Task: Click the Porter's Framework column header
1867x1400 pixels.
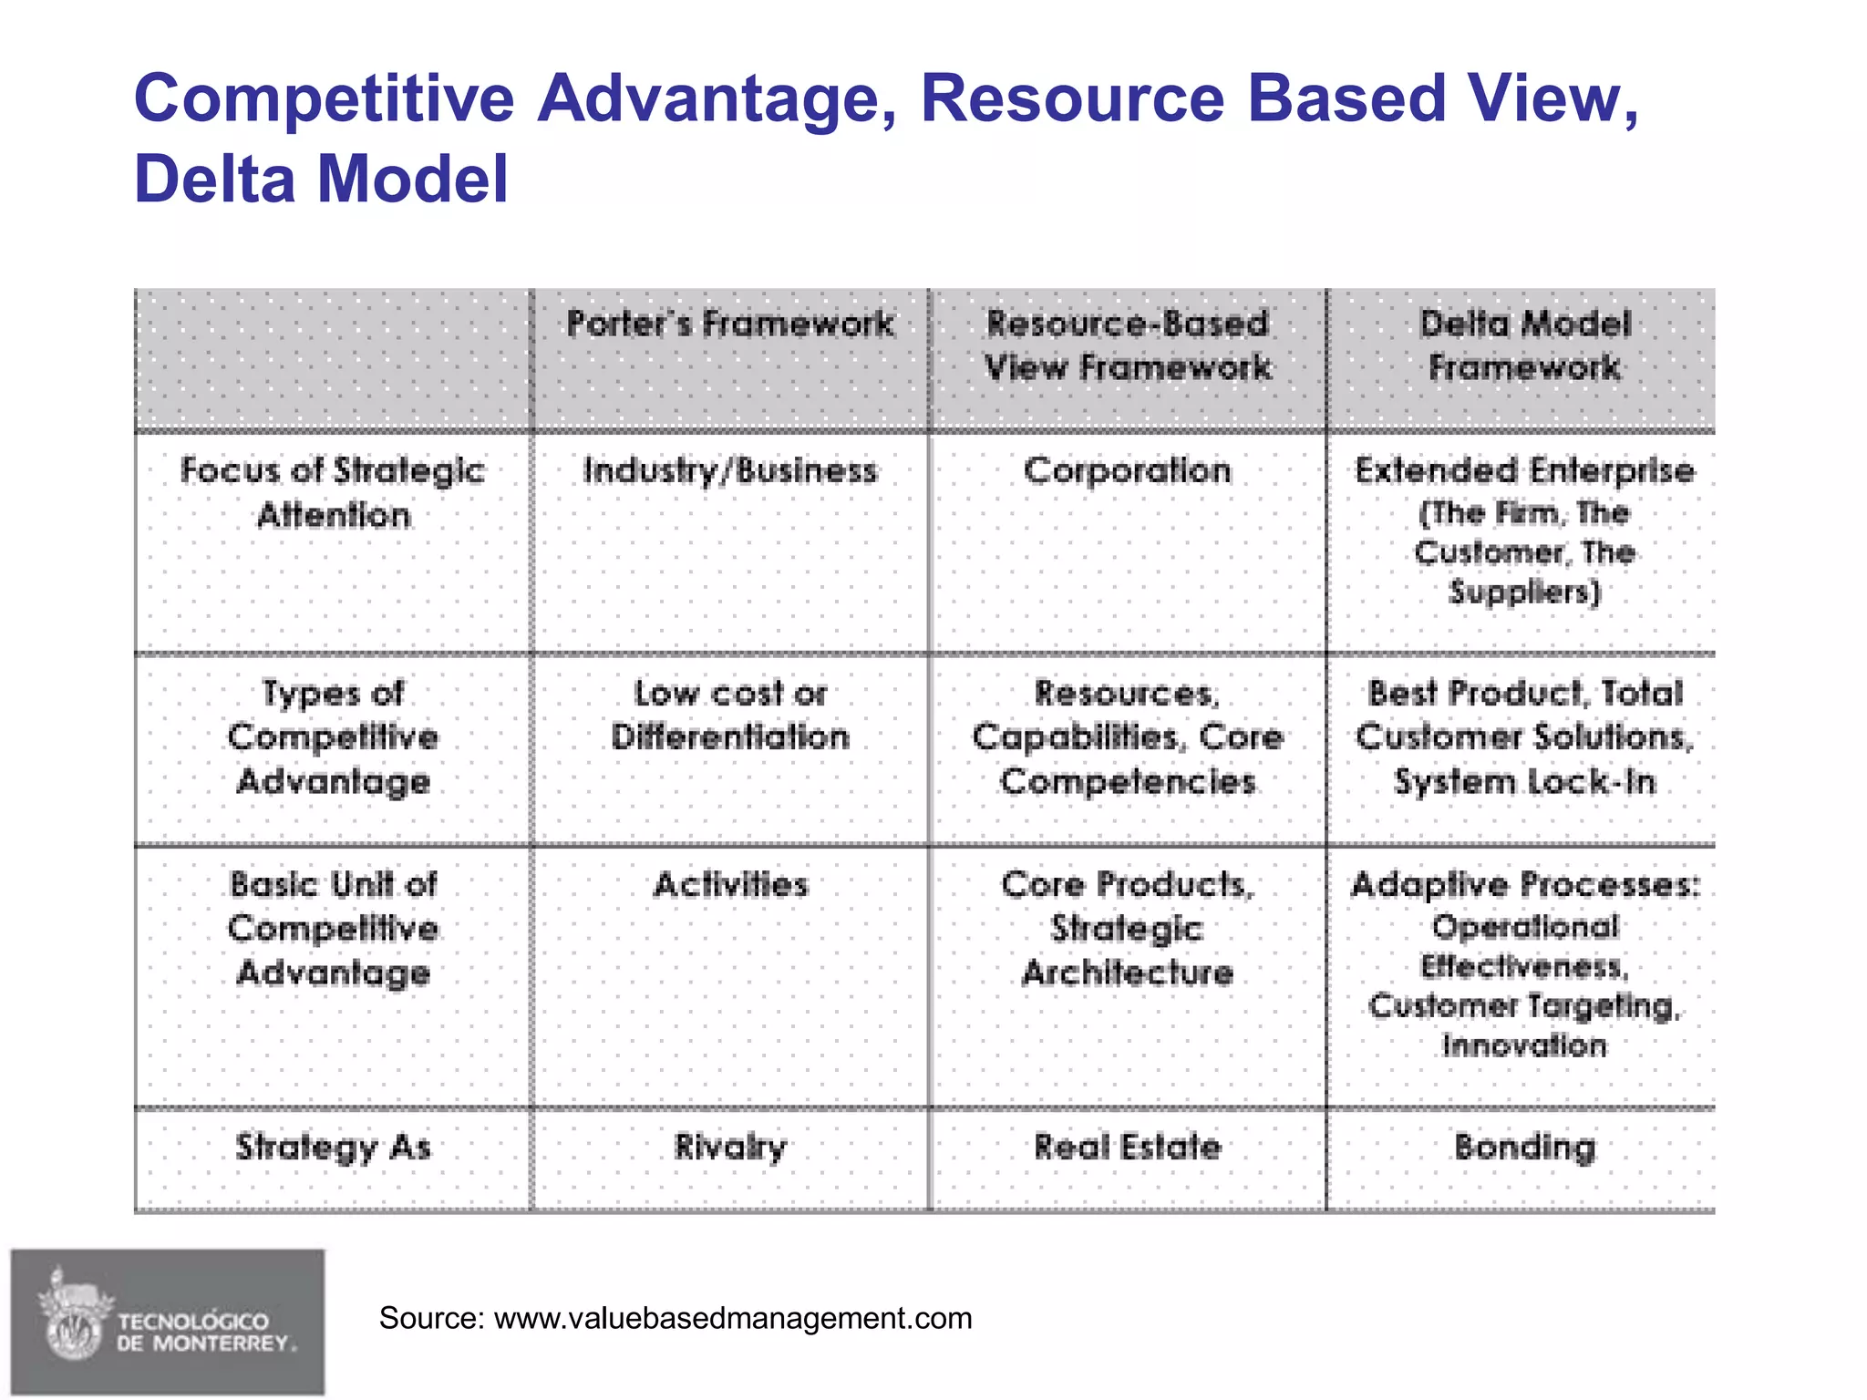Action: tap(729, 324)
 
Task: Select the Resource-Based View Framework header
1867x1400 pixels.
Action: tap(1128, 345)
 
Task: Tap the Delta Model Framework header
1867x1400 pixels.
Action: tap(1524, 345)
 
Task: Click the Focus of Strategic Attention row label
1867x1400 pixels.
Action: tap(333, 492)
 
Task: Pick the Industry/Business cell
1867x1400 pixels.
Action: tap(729, 470)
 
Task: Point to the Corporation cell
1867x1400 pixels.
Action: tap(1128, 470)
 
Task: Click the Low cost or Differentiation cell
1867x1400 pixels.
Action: tap(729, 715)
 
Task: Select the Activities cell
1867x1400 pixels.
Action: tap(730, 884)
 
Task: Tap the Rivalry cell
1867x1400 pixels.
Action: tap(729, 1147)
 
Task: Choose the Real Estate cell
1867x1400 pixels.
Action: tap(1128, 1147)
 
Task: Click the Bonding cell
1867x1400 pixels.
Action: tap(1524, 1147)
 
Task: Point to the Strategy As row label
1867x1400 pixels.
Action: tap(333, 1147)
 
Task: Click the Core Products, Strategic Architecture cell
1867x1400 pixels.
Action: tap(1128, 928)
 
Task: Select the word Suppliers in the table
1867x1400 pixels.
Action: tap(1524, 592)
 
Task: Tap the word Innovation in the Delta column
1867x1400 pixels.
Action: tap(1524, 1045)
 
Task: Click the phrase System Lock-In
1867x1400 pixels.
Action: tap(1524, 782)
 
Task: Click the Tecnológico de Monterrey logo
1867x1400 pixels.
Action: tap(168, 1322)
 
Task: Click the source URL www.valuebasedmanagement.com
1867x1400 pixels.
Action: tap(733, 1318)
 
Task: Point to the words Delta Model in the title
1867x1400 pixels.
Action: tap(321, 179)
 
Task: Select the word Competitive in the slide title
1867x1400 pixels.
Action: tap(325, 98)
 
